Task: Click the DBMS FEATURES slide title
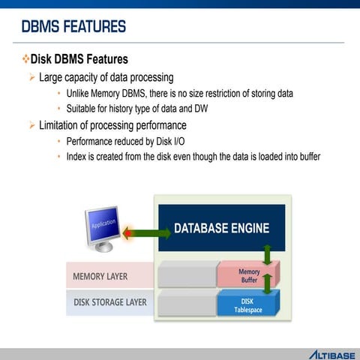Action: point(73,28)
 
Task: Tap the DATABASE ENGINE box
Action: point(221,228)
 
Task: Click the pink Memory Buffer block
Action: point(248,275)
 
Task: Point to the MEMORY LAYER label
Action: point(100,276)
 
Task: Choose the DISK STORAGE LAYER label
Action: point(109,302)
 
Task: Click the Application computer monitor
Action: point(102,226)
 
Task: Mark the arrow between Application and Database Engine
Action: point(147,233)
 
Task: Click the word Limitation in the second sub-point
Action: point(65,125)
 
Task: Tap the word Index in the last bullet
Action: point(77,156)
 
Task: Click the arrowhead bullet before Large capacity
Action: point(32,77)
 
